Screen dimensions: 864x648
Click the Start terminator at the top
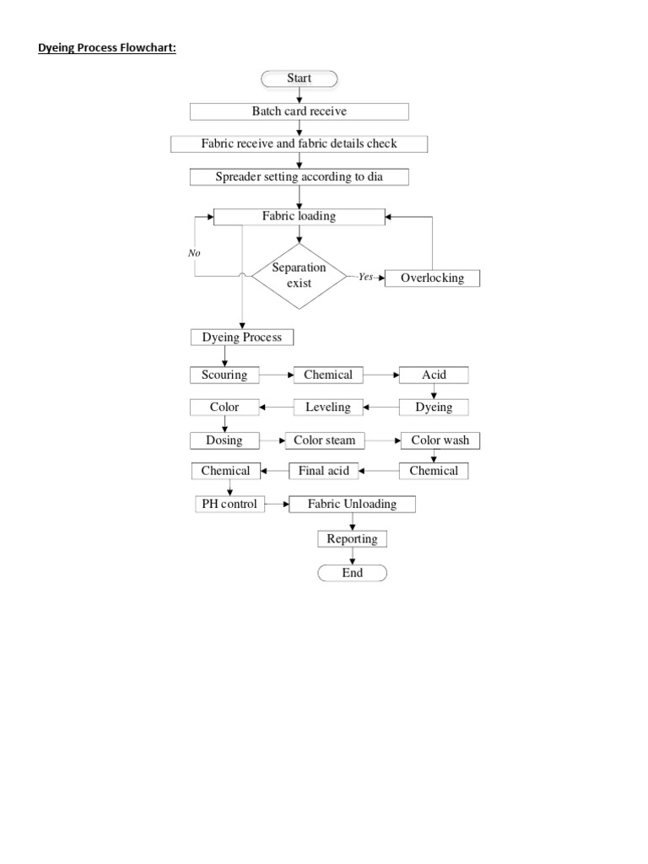(x=299, y=78)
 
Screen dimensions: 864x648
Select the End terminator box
(x=352, y=573)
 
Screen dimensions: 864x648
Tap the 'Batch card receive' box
(x=299, y=111)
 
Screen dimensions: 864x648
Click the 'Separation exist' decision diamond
(x=299, y=275)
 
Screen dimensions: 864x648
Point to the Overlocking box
(x=432, y=278)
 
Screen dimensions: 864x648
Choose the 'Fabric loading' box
(x=299, y=216)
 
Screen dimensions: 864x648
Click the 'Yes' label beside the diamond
(x=365, y=277)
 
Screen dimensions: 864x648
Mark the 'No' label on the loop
(x=194, y=252)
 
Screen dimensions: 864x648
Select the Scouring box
(x=224, y=375)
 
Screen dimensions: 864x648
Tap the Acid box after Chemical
(x=434, y=375)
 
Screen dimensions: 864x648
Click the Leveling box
(x=328, y=408)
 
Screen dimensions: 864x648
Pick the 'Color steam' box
(x=324, y=440)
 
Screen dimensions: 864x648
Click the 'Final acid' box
(x=324, y=471)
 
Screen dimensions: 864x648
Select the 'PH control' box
(x=228, y=504)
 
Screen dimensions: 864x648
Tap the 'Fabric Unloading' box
(x=352, y=504)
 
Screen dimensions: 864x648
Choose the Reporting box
(x=352, y=538)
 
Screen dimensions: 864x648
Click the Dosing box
(x=224, y=440)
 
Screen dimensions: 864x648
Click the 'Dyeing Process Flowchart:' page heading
(x=107, y=48)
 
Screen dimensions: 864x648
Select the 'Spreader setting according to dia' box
(x=299, y=177)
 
